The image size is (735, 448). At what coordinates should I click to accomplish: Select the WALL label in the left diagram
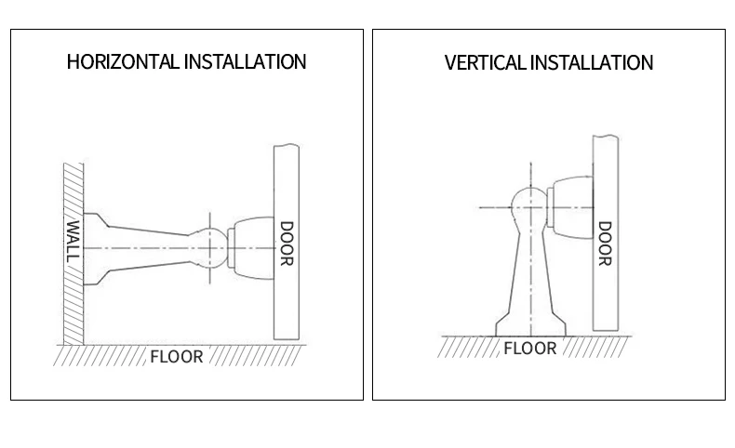(73, 241)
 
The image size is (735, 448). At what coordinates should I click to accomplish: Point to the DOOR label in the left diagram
(286, 244)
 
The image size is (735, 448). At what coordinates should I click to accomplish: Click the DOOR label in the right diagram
(605, 244)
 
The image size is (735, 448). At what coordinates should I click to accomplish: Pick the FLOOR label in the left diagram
(176, 356)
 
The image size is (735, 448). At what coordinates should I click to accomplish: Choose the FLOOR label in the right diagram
(529, 349)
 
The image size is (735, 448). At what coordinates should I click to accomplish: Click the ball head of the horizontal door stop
(211, 248)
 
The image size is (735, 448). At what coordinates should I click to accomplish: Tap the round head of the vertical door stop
(529, 205)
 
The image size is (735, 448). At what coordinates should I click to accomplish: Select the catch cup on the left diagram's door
(252, 248)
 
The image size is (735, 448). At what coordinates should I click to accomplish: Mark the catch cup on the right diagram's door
(570, 206)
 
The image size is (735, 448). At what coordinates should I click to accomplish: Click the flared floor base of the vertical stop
(529, 323)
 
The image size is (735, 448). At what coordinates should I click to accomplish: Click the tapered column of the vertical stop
(529, 270)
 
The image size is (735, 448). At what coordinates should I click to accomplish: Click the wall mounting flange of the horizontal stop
(88, 248)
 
